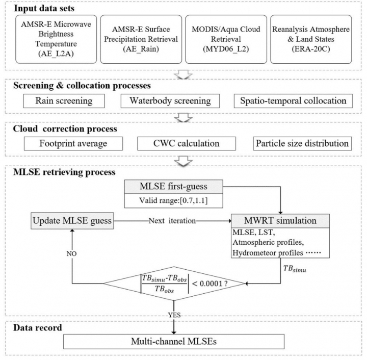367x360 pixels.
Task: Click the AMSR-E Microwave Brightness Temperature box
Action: [x=56, y=39]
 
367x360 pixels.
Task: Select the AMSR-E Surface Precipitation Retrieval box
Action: [x=141, y=39]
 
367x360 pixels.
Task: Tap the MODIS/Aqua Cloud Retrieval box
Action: [x=226, y=39]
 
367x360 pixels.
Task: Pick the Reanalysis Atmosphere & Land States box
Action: [x=311, y=39]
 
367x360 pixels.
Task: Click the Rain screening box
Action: [x=64, y=101]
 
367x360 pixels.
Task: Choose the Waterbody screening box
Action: [x=170, y=101]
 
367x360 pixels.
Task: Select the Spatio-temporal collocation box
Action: [x=293, y=101]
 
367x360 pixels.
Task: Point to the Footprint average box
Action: [x=73, y=143]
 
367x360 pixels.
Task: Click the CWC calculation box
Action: [x=187, y=143]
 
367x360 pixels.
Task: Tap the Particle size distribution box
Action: [x=302, y=143]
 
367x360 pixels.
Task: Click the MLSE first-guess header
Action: [x=174, y=187]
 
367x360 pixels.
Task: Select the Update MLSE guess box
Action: [x=72, y=221]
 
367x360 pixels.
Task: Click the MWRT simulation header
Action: [x=280, y=221]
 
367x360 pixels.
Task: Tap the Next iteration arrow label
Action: [x=172, y=221]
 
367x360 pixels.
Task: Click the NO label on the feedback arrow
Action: [x=72, y=254]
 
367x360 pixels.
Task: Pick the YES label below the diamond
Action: [x=174, y=315]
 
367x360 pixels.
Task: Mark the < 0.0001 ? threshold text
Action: [x=209, y=284]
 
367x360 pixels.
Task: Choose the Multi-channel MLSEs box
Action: [x=174, y=342]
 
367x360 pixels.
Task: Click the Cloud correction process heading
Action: [x=65, y=129]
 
